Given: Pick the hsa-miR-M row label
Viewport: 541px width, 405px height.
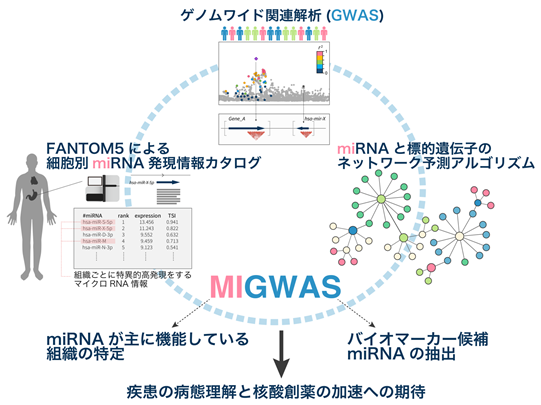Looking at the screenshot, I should [98, 241].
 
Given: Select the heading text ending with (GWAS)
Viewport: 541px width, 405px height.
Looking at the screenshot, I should [270, 14].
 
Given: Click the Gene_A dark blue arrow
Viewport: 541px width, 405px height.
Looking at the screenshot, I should [245, 125].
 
